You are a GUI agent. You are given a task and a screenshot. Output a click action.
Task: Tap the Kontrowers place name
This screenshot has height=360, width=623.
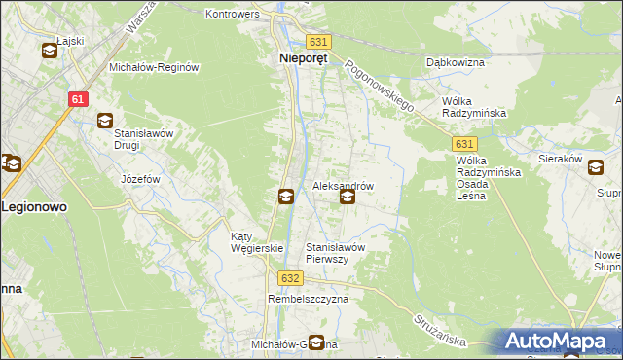click(231, 15)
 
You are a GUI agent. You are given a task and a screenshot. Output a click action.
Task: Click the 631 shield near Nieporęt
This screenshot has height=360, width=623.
click(318, 42)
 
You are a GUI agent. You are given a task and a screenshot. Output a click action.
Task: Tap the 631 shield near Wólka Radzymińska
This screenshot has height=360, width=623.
click(464, 142)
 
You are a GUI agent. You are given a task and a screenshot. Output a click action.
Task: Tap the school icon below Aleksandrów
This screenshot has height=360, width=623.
click(347, 198)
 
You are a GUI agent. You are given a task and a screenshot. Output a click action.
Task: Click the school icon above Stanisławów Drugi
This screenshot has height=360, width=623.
click(104, 121)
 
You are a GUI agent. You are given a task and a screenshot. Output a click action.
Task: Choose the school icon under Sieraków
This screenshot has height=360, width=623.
click(595, 168)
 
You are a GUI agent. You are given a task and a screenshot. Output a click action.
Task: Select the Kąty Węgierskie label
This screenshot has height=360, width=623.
click(256, 242)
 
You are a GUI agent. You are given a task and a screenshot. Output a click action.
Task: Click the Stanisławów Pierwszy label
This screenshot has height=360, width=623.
click(335, 253)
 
